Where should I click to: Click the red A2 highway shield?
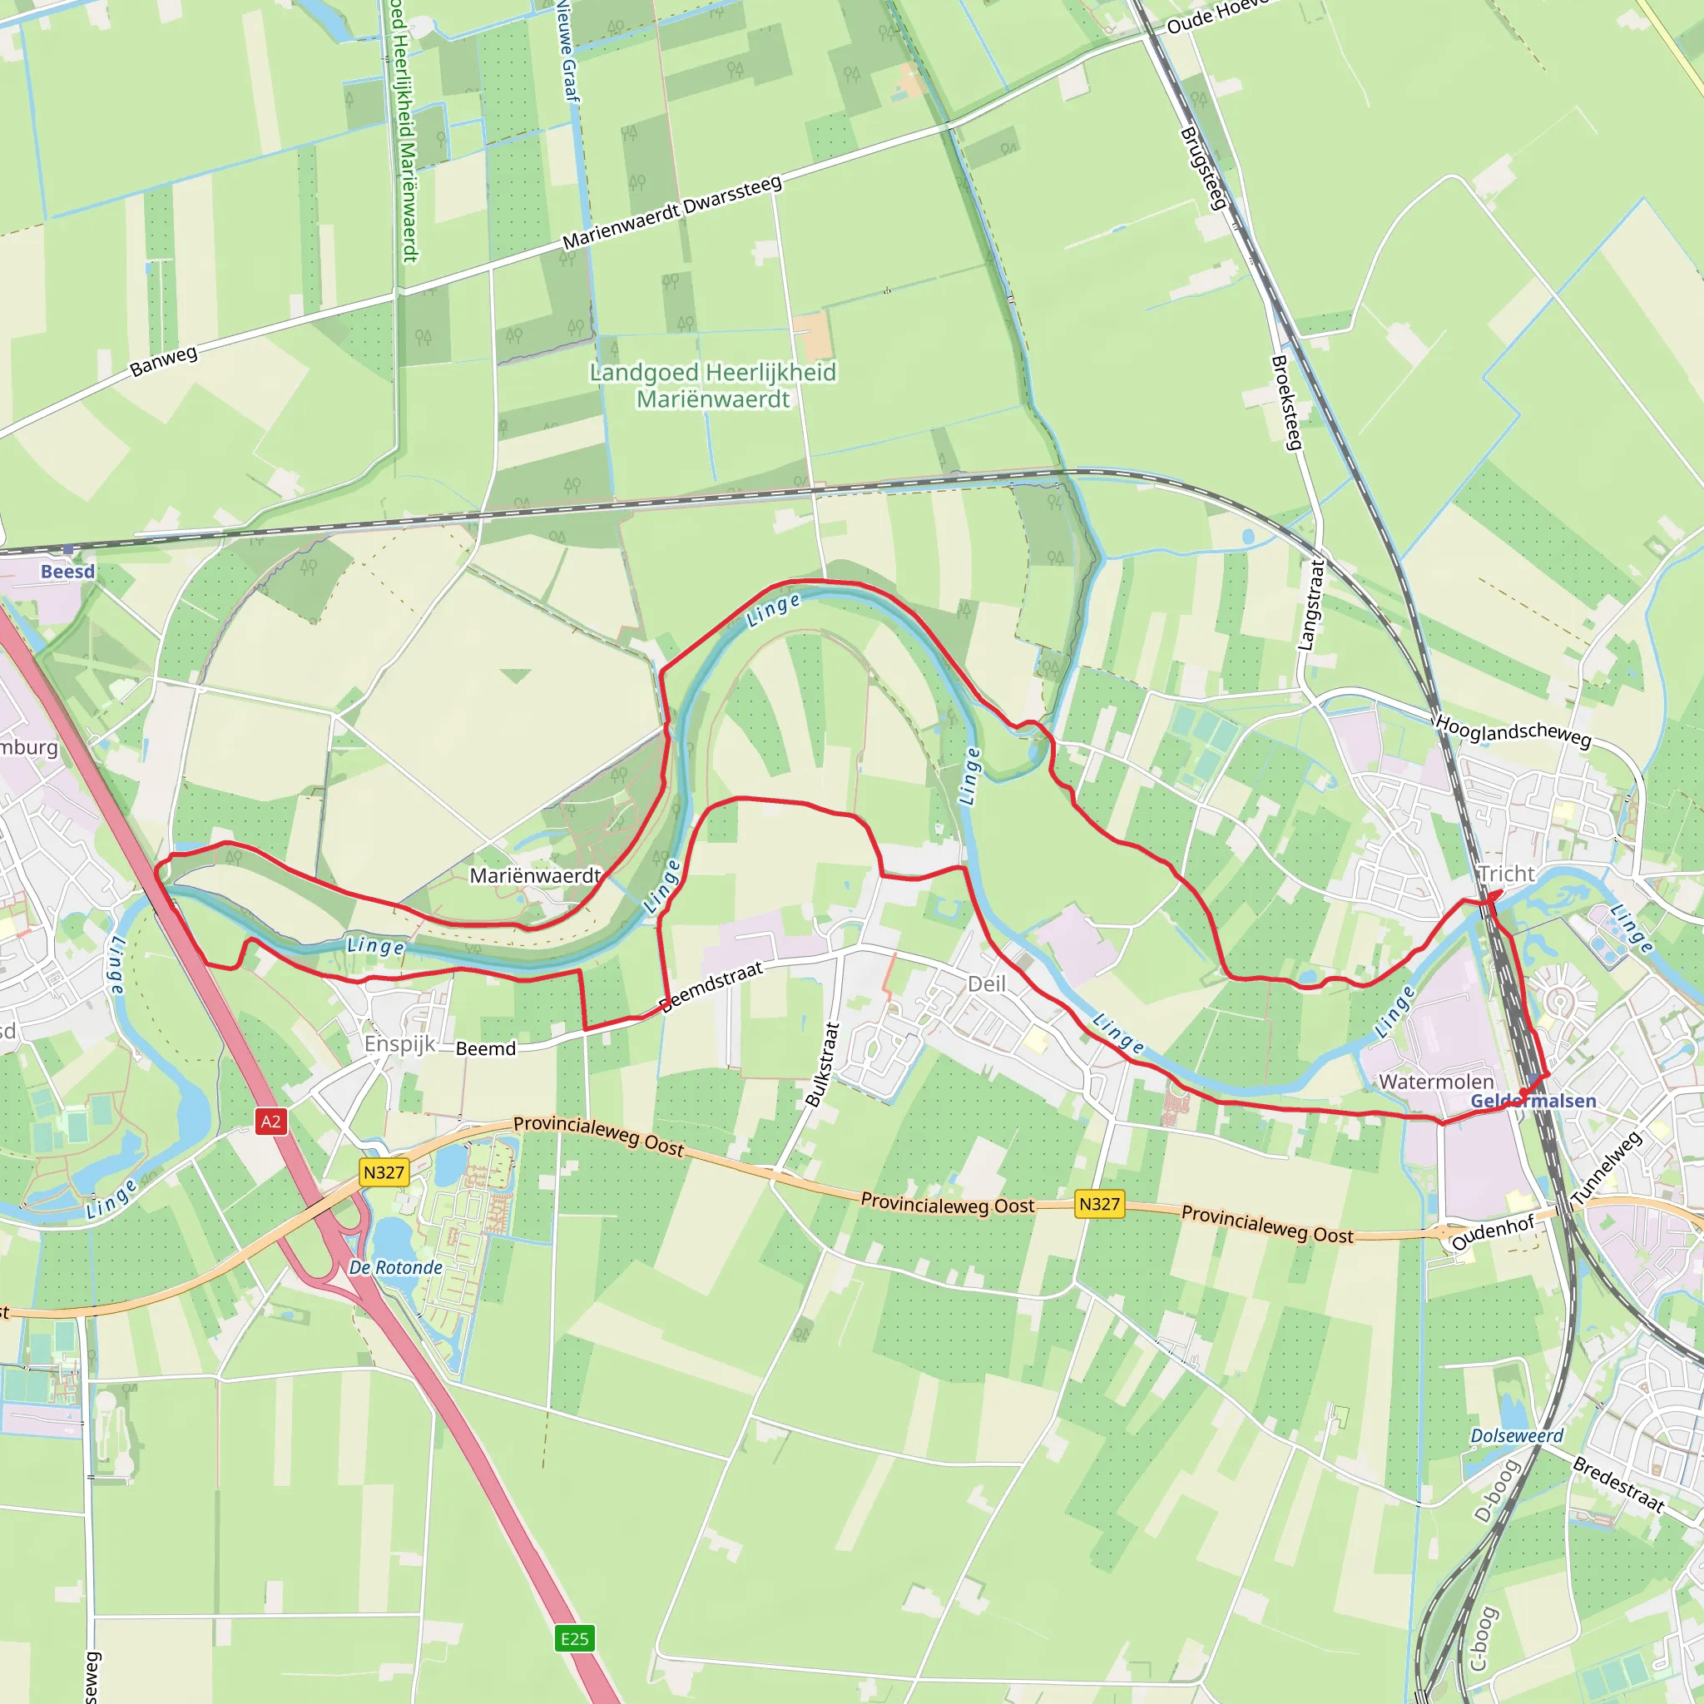pyautogui.click(x=270, y=1122)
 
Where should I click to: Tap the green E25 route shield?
pyautogui.click(x=574, y=1639)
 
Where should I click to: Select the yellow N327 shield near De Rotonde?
pyautogui.click(x=384, y=1172)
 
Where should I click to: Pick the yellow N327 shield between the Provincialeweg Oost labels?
pyautogui.click(x=1099, y=1204)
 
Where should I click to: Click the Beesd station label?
pyautogui.click(x=67, y=572)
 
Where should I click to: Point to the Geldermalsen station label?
pyautogui.click(x=1533, y=1101)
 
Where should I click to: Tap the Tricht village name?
pyautogui.click(x=1507, y=874)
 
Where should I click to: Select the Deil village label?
pyautogui.click(x=986, y=983)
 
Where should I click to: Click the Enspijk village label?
pyautogui.click(x=400, y=1044)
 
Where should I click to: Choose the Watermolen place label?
pyautogui.click(x=1436, y=1082)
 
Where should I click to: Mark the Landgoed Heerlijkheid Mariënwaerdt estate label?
pyautogui.click(x=713, y=385)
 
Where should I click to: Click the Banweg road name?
pyautogui.click(x=164, y=362)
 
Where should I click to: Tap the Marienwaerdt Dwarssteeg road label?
pyautogui.click(x=672, y=212)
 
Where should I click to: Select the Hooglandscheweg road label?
pyautogui.click(x=1513, y=731)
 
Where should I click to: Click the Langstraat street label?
pyautogui.click(x=1311, y=605)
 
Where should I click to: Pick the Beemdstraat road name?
pyautogui.click(x=711, y=987)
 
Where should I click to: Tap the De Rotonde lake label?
pyautogui.click(x=396, y=1267)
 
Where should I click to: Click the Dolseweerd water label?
pyautogui.click(x=1516, y=1436)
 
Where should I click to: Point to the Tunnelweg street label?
pyautogui.click(x=1606, y=1169)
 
